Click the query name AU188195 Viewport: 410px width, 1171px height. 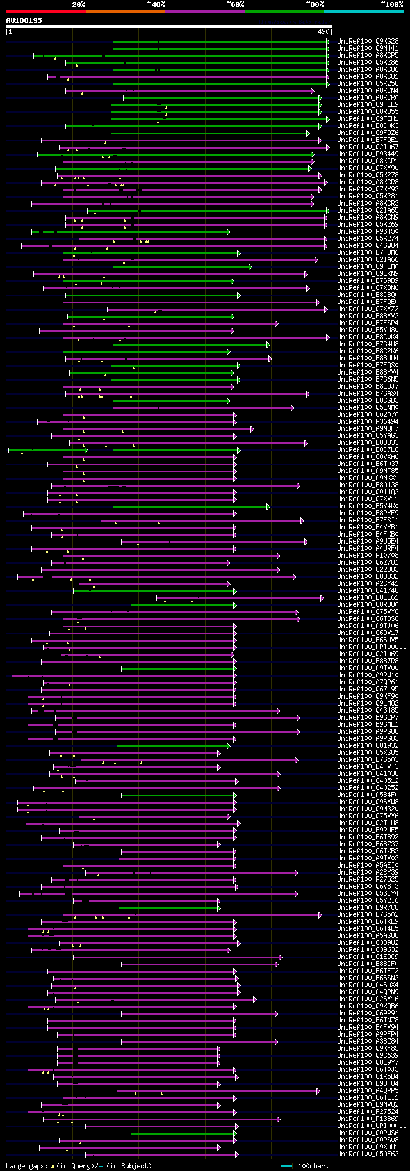(24, 20)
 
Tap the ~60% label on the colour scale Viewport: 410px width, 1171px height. (235, 4)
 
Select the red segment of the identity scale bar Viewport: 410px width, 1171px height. (45, 12)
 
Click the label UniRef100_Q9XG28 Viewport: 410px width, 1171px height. (368, 42)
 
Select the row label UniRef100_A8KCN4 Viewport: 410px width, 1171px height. (368, 91)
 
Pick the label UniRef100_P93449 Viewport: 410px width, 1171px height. (368, 154)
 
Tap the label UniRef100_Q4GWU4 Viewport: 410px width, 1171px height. (368, 246)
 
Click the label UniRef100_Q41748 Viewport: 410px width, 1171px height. (368, 591)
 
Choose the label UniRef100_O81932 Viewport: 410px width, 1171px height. (368, 746)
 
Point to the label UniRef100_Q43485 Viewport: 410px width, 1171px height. (368, 711)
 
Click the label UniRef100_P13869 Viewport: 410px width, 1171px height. (368, 1119)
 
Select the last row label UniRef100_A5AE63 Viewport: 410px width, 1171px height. (368, 1154)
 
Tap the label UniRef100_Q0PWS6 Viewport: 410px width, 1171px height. (368, 1133)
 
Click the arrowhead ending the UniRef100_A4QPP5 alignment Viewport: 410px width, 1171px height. (318, 1091)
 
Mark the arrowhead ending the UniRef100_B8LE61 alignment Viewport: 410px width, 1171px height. (322, 598)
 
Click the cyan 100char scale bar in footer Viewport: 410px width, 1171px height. (286, 1166)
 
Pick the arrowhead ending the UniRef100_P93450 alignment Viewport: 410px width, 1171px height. (228, 232)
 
